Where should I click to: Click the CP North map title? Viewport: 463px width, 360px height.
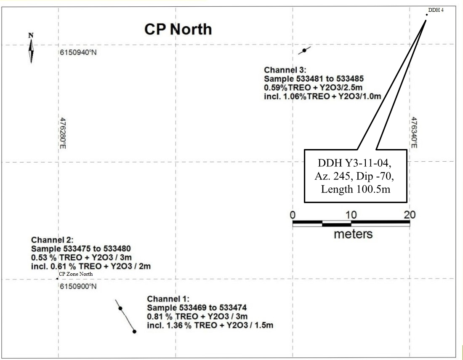point(178,29)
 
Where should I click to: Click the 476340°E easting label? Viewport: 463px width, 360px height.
point(414,133)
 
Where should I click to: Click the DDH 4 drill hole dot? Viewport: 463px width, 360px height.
point(426,15)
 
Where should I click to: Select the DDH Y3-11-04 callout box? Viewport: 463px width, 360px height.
point(356,176)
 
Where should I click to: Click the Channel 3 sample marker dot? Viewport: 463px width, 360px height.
point(304,51)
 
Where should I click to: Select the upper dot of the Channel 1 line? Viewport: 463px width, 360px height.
point(120,309)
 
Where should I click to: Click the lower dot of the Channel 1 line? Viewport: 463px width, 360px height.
point(134,331)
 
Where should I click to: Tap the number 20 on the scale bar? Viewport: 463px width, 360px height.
point(409,215)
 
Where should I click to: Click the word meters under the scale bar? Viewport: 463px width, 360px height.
point(353,234)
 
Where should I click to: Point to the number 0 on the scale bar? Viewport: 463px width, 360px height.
point(293,215)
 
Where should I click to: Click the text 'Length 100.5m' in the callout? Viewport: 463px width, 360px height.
point(356,189)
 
